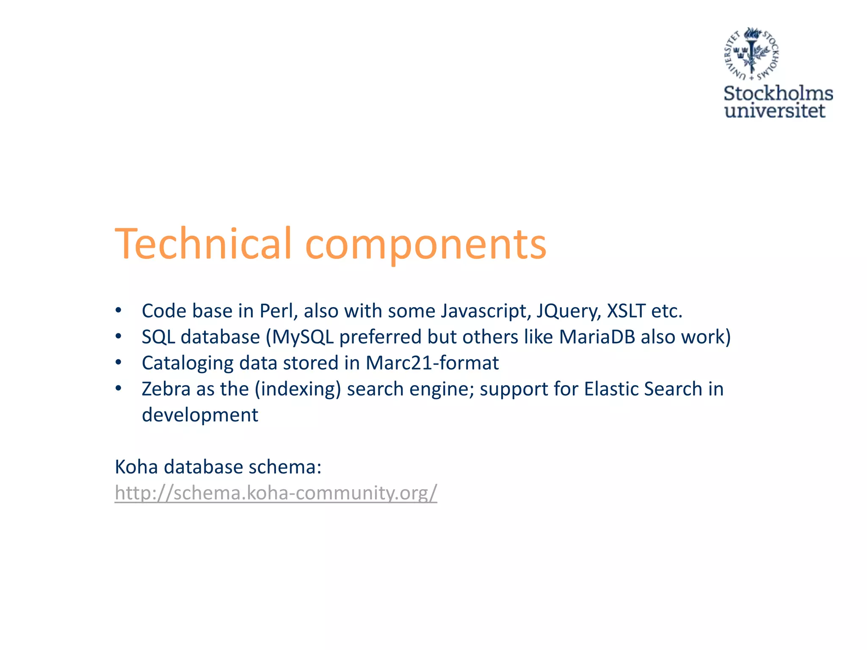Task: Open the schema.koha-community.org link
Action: pyautogui.click(x=276, y=493)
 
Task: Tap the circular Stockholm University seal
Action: pyautogui.click(x=751, y=54)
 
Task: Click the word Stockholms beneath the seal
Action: pyautogui.click(x=778, y=93)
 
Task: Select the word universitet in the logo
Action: pyautogui.click(x=775, y=111)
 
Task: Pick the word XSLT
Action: pyautogui.click(x=626, y=311)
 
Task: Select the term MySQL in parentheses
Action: pyautogui.click(x=302, y=337)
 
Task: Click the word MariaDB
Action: pyautogui.click(x=597, y=337)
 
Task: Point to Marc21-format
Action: pyautogui.click(x=432, y=363)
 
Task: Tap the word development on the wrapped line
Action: pyautogui.click(x=200, y=415)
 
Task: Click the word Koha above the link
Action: pyautogui.click(x=136, y=467)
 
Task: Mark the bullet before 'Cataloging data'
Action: pyautogui.click(x=119, y=363)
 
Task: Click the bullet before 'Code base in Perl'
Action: pyautogui.click(x=119, y=311)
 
